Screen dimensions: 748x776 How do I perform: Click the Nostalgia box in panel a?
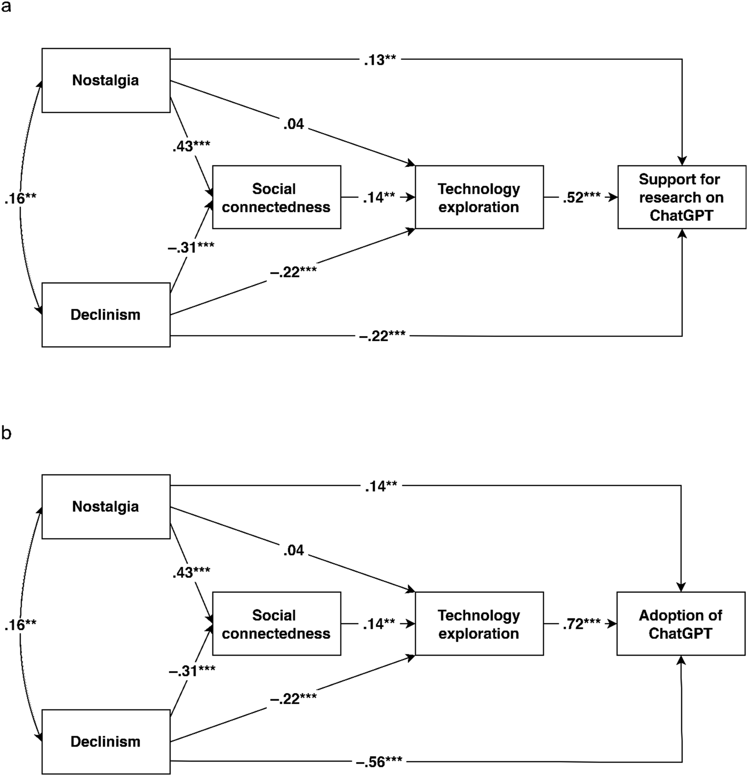(106, 80)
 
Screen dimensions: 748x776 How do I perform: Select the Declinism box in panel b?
(106, 741)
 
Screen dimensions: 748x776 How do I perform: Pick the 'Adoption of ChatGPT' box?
(681, 624)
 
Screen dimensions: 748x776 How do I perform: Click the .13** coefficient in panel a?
(380, 60)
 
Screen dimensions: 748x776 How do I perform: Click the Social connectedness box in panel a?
(277, 197)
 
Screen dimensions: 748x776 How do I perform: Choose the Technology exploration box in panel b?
(479, 624)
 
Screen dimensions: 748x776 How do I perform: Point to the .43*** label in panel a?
(191, 146)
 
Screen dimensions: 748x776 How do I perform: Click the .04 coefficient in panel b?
(294, 550)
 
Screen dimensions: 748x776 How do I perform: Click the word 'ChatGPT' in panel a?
(682, 215)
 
